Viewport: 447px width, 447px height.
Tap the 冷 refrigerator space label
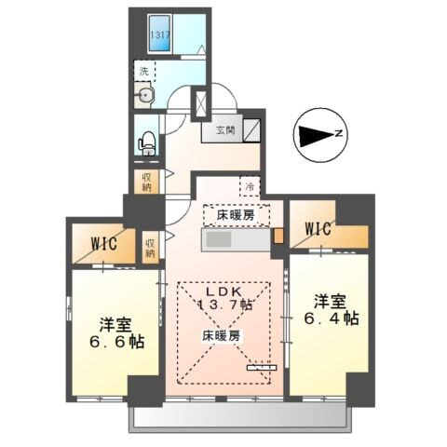[x=249, y=186]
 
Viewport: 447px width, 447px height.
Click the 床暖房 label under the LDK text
[x=223, y=334]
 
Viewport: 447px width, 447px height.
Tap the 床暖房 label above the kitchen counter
[x=237, y=215]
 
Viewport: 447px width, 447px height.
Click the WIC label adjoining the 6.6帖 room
[x=102, y=246]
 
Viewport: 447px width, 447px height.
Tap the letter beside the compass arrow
[x=340, y=134]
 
